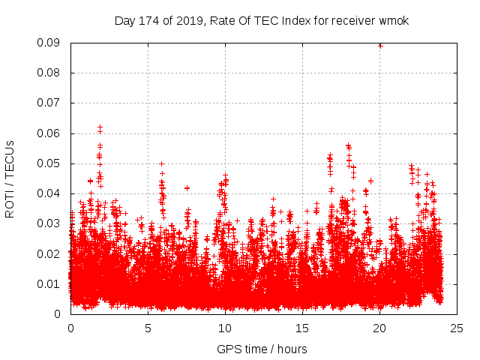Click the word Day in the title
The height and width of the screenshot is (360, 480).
[124, 21]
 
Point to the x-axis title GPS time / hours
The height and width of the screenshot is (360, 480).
[262, 349]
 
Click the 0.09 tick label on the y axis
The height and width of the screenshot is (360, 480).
[50, 43]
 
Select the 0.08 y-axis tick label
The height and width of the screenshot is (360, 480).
[50, 73]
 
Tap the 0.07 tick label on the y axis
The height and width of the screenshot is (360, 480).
[50, 103]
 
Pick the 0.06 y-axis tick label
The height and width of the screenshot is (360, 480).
[50, 133]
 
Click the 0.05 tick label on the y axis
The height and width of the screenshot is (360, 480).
[50, 163]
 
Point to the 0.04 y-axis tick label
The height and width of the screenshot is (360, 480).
[50, 193]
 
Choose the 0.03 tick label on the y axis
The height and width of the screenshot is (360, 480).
[50, 223]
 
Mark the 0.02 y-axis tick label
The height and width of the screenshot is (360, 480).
[50, 253]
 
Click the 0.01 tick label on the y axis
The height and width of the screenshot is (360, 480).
[50, 283]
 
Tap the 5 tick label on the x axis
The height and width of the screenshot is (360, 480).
[148, 328]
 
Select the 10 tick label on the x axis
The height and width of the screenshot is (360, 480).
[225, 328]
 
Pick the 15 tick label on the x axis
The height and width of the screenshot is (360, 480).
[302, 328]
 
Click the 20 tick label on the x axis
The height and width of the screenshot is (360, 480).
[379, 328]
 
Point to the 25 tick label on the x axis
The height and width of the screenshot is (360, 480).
[457, 328]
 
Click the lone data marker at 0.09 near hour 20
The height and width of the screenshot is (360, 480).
[380, 45]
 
